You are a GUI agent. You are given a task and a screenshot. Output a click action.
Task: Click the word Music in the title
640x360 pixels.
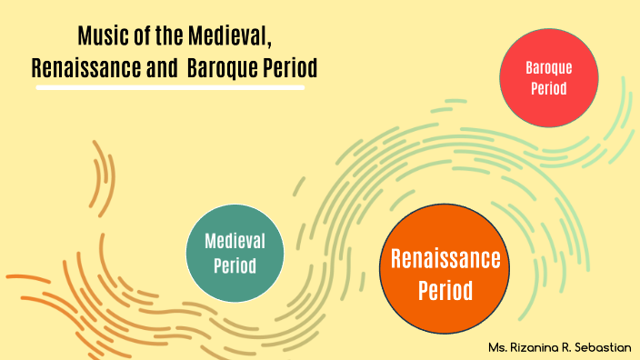(x=100, y=37)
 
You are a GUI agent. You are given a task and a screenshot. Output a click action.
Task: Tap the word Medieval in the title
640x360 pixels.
(x=232, y=37)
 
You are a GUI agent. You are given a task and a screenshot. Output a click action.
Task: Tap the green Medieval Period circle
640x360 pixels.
(x=235, y=252)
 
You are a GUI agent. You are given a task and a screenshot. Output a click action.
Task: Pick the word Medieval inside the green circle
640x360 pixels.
(x=235, y=241)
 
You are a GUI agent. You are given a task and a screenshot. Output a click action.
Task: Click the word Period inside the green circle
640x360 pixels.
(x=235, y=265)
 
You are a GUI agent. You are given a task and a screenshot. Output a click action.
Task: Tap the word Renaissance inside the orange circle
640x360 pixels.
(x=445, y=259)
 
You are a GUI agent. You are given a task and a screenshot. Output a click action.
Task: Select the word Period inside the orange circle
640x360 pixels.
(x=445, y=291)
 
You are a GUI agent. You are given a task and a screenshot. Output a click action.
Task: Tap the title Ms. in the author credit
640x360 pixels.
(x=497, y=347)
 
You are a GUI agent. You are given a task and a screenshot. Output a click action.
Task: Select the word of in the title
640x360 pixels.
(x=137, y=37)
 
